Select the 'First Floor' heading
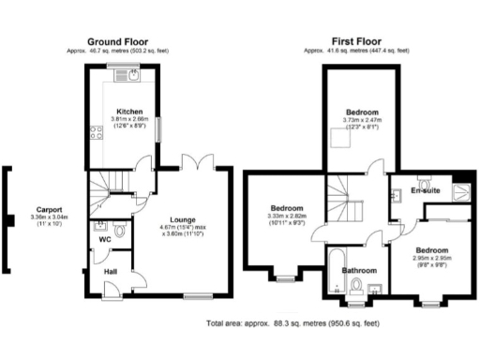pyautogui.click(x=357, y=41)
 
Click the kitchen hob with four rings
pyautogui.click(x=94, y=134)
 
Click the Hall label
pyautogui.click(x=111, y=272)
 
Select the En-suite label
pyautogui.click(x=426, y=191)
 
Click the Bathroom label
pyautogui.click(x=358, y=271)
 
